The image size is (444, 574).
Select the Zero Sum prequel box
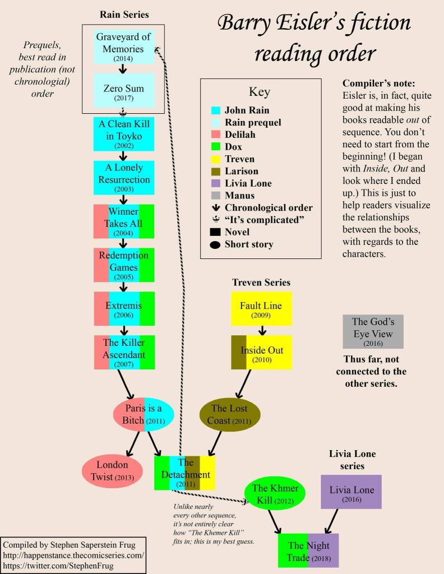click(x=123, y=91)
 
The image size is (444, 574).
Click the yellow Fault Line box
click(x=261, y=308)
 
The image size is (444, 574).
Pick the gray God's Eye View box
click(x=373, y=331)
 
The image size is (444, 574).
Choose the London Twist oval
click(x=113, y=471)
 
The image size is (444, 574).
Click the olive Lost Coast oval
click(x=230, y=414)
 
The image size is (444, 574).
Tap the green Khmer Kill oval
click(x=275, y=493)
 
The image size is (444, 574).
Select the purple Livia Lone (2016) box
click(x=351, y=493)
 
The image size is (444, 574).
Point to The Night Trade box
click(x=309, y=550)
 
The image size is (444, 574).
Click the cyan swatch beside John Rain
click(x=215, y=110)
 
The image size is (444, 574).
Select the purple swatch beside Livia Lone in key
click(x=215, y=183)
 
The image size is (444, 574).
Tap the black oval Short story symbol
click(x=215, y=244)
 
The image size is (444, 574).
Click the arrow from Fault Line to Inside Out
click(x=261, y=331)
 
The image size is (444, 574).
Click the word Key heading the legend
click(x=260, y=92)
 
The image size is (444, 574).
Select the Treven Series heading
click(x=261, y=283)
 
